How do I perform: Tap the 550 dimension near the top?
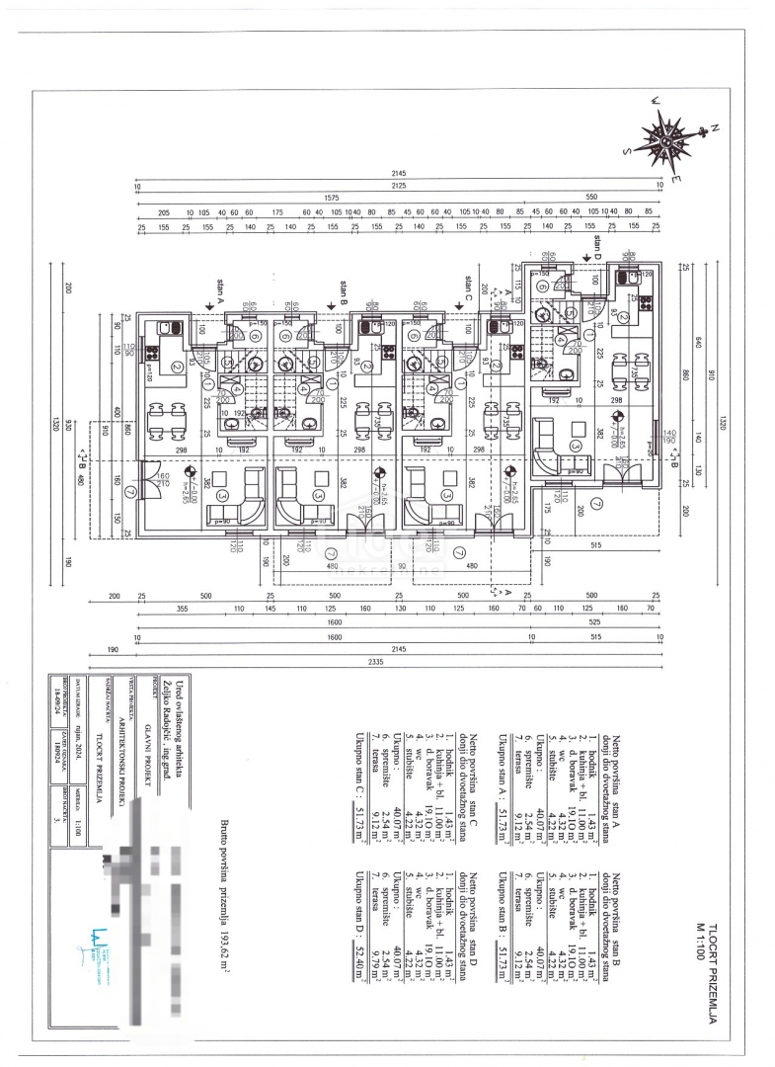[592, 197]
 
